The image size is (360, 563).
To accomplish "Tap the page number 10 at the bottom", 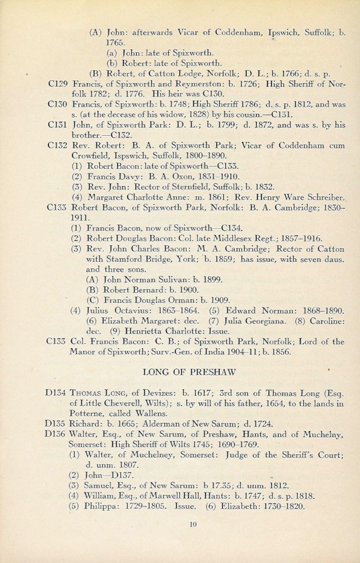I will tap(192, 524).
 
